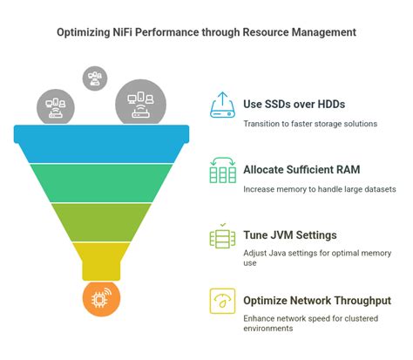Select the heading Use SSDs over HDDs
(x=295, y=105)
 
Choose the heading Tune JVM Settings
(x=289, y=235)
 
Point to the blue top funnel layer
(x=101, y=136)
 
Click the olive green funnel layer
(x=101, y=221)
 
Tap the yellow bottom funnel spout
(x=101, y=259)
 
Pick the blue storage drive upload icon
(x=223, y=104)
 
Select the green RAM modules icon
(x=223, y=169)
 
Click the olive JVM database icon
(x=223, y=235)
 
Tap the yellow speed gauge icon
(x=223, y=301)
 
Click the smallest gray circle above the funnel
(x=94, y=78)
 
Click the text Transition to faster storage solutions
(x=309, y=123)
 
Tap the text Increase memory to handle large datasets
(x=320, y=188)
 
